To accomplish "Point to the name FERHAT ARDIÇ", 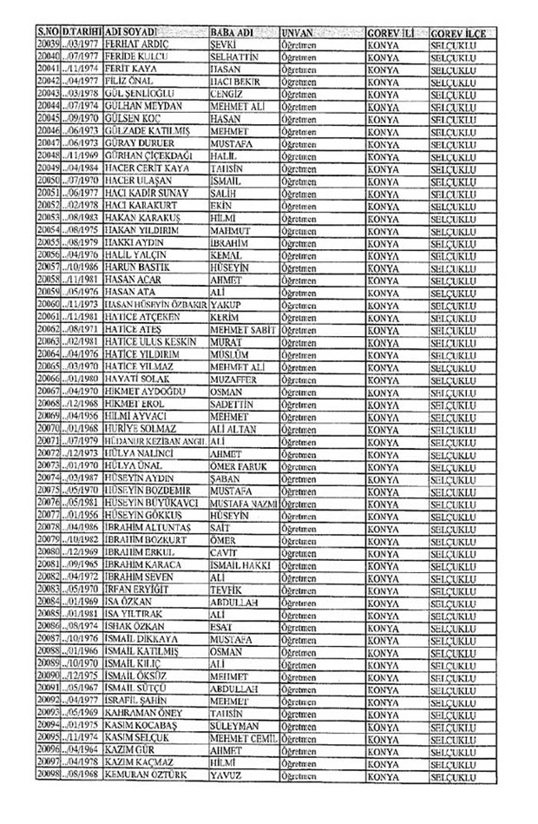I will pos(134,43).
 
